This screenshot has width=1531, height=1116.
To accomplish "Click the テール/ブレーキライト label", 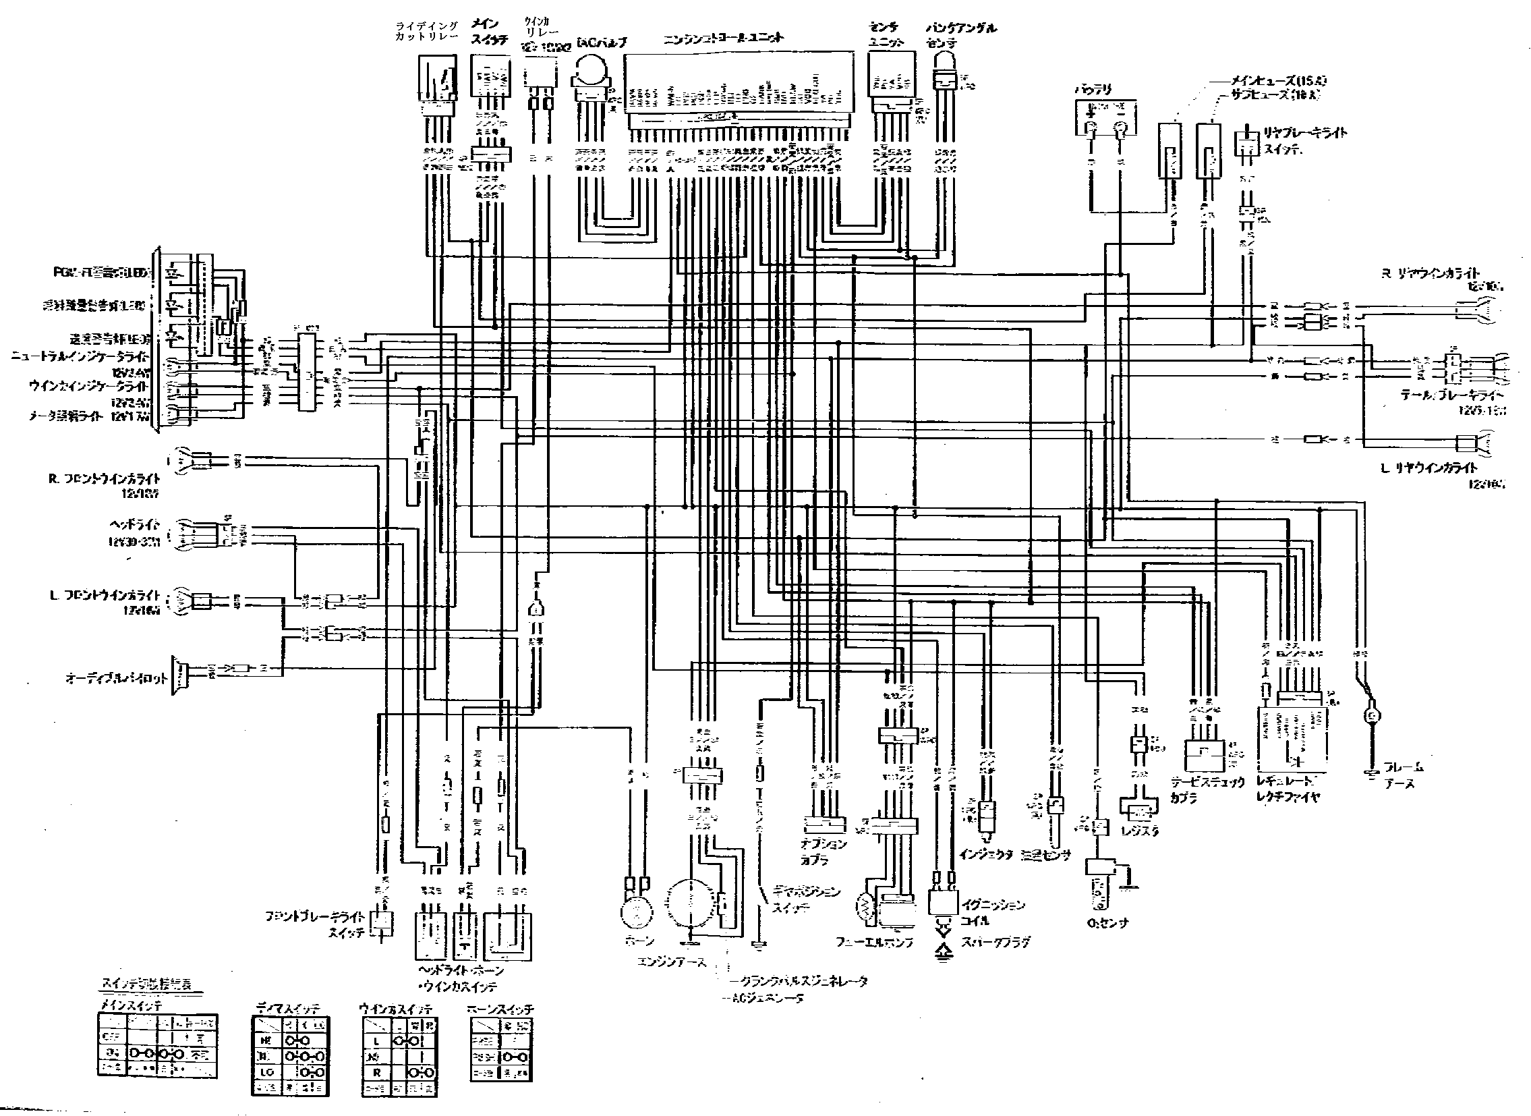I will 1452,395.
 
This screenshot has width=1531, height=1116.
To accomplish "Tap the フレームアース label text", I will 1404,775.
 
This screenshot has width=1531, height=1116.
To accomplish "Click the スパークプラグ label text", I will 996,942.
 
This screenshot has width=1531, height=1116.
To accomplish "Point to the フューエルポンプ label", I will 875,942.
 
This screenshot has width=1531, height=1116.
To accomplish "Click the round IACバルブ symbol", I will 593,70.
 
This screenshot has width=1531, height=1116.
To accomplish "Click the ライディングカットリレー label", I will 427,31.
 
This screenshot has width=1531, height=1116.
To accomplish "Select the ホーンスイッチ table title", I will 500,1009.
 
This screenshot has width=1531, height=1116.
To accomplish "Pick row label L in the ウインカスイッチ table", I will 376,1041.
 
